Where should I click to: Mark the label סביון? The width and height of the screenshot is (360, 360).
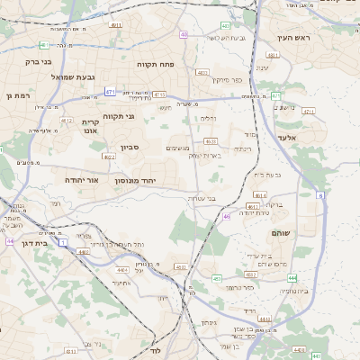coord(130,148)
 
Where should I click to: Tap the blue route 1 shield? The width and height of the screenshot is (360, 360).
coord(63,242)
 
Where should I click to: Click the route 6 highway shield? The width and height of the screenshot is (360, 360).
coord(320,194)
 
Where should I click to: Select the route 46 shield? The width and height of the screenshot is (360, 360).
coord(227,216)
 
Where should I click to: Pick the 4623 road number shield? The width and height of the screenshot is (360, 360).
coord(211,140)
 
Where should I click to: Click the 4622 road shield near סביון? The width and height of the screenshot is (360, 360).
coord(110,157)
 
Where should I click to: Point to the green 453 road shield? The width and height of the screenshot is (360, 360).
coord(216,279)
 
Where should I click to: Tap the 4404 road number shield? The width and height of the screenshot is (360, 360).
coord(122,269)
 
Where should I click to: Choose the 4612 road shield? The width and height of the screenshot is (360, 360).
coord(67,119)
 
